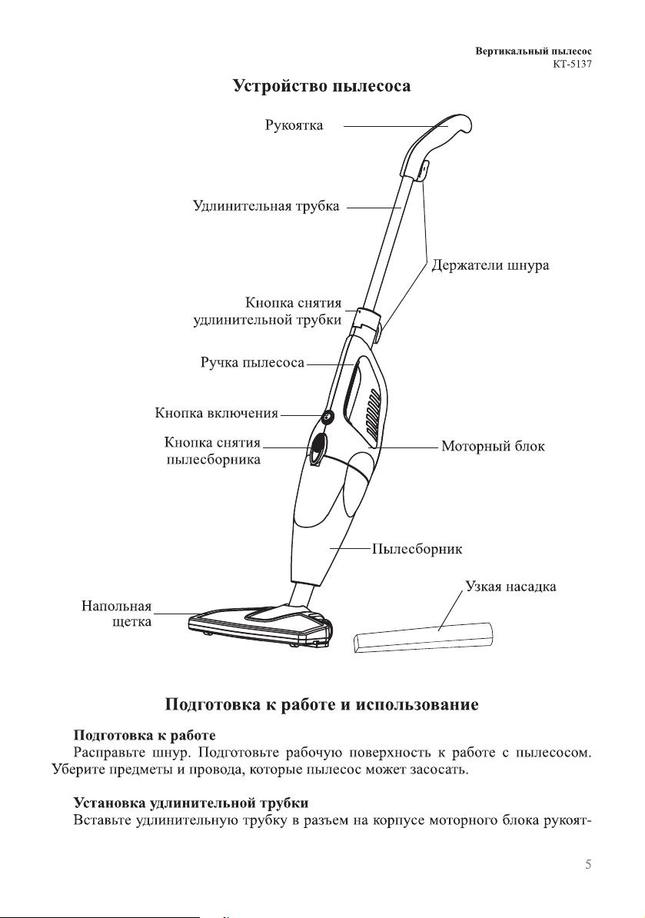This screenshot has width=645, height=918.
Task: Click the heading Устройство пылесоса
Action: [322, 86]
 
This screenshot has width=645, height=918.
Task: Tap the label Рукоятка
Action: [294, 125]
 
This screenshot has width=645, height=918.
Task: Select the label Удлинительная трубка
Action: [266, 206]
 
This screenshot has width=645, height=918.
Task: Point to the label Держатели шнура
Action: [490, 265]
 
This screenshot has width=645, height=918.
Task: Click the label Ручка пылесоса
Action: [252, 363]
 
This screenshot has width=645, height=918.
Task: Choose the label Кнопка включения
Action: [217, 414]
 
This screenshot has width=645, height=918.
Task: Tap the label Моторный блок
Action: [493, 446]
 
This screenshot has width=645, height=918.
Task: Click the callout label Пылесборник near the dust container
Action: [417, 549]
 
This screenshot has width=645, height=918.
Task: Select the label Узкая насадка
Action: [510, 586]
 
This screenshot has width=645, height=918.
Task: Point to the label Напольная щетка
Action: [117, 614]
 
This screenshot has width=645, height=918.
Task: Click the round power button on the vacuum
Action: [327, 416]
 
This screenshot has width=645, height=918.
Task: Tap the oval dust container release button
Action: [318, 448]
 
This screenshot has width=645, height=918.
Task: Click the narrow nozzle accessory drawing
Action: [423, 638]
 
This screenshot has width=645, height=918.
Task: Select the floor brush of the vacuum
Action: [261, 625]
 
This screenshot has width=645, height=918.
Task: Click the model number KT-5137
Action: [572, 65]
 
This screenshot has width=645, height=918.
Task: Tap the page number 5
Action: [588, 864]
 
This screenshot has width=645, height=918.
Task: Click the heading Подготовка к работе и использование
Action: [322, 703]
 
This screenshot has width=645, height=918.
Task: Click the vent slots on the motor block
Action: [372, 417]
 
